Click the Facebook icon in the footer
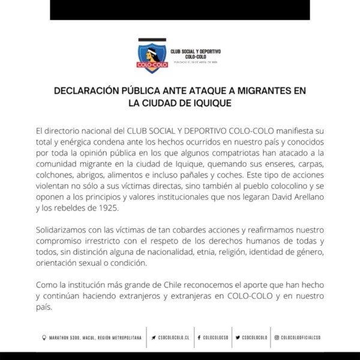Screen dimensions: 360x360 (x=198, y=338)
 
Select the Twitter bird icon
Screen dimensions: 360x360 (x=238, y=338)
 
